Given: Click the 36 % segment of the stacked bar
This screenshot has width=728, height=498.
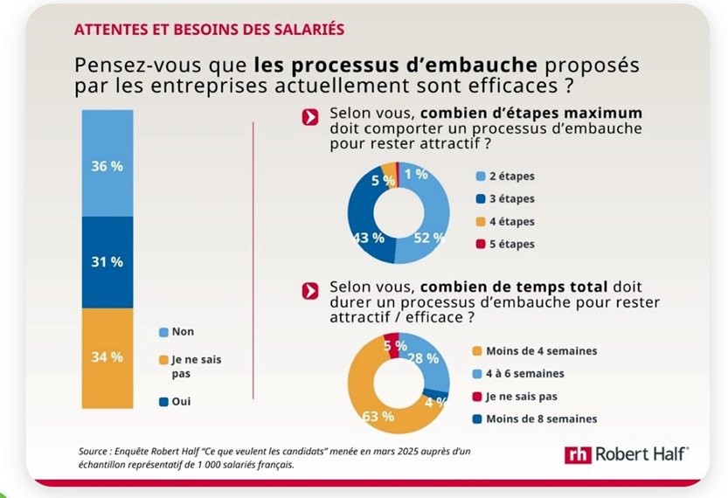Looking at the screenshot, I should (x=107, y=164).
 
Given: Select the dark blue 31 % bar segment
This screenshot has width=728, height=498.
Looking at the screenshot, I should (x=107, y=261).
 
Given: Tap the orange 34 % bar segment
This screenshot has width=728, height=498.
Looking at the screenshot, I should (x=107, y=356).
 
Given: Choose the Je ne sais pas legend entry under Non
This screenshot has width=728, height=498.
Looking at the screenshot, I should (x=184, y=366).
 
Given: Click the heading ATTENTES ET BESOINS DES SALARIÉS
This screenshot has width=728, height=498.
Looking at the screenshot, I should (x=209, y=30).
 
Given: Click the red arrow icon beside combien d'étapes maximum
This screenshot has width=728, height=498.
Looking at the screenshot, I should (x=309, y=119).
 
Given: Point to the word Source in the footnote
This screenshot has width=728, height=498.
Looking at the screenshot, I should (x=96, y=451).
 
